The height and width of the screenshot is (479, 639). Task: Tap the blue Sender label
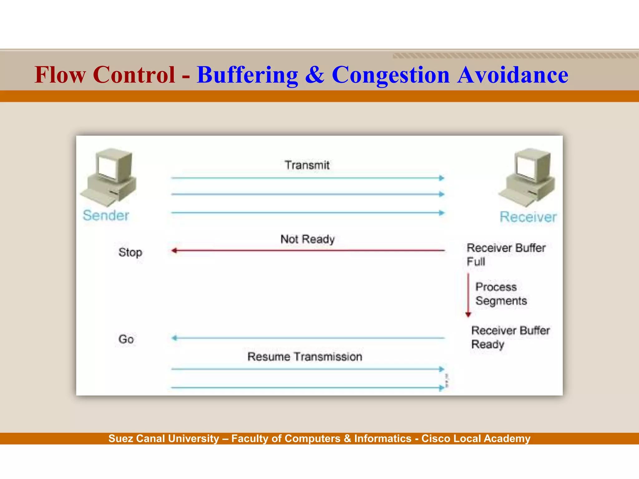(x=106, y=215)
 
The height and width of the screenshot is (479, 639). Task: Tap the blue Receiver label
(x=528, y=217)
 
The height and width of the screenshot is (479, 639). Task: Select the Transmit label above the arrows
(x=307, y=165)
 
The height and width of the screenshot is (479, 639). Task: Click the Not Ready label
(x=307, y=239)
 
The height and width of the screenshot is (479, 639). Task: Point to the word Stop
(x=130, y=252)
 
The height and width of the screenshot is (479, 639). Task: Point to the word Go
(x=126, y=339)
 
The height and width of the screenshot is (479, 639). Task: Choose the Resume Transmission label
(x=305, y=356)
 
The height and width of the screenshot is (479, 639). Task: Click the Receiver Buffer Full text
(x=505, y=254)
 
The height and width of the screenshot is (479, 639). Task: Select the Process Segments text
(x=501, y=294)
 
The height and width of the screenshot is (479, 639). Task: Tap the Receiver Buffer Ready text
(x=510, y=337)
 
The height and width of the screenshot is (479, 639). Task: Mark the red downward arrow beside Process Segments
(x=468, y=295)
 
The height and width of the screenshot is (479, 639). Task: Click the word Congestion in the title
(x=391, y=75)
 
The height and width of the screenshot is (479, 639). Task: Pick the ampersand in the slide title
(x=315, y=75)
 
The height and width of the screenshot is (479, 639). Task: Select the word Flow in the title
(x=60, y=75)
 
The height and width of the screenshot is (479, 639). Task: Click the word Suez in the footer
(x=120, y=438)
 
